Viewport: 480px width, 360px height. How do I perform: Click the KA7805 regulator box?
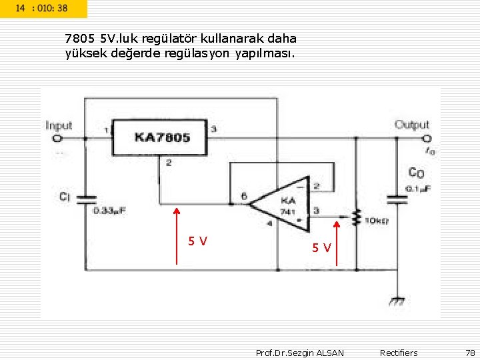(161, 137)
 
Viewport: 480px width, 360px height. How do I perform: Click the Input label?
(59, 125)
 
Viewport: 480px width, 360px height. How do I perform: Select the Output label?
(412, 125)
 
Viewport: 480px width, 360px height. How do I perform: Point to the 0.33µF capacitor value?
(111, 211)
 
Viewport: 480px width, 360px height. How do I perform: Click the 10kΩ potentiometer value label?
(377, 221)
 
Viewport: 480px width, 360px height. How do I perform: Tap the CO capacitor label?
(417, 173)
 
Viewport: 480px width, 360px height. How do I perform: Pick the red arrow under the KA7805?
(177, 236)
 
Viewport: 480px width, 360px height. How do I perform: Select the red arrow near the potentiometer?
(337, 243)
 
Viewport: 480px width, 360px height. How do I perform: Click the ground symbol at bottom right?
(397, 301)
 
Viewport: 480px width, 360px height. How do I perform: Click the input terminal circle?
(57, 139)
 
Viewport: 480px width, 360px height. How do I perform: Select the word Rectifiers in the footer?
(399, 353)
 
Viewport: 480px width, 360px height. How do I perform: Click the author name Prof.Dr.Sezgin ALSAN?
(300, 353)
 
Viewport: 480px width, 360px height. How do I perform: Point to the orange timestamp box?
(43, 8)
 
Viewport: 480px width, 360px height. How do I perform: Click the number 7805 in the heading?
(81, 38)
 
